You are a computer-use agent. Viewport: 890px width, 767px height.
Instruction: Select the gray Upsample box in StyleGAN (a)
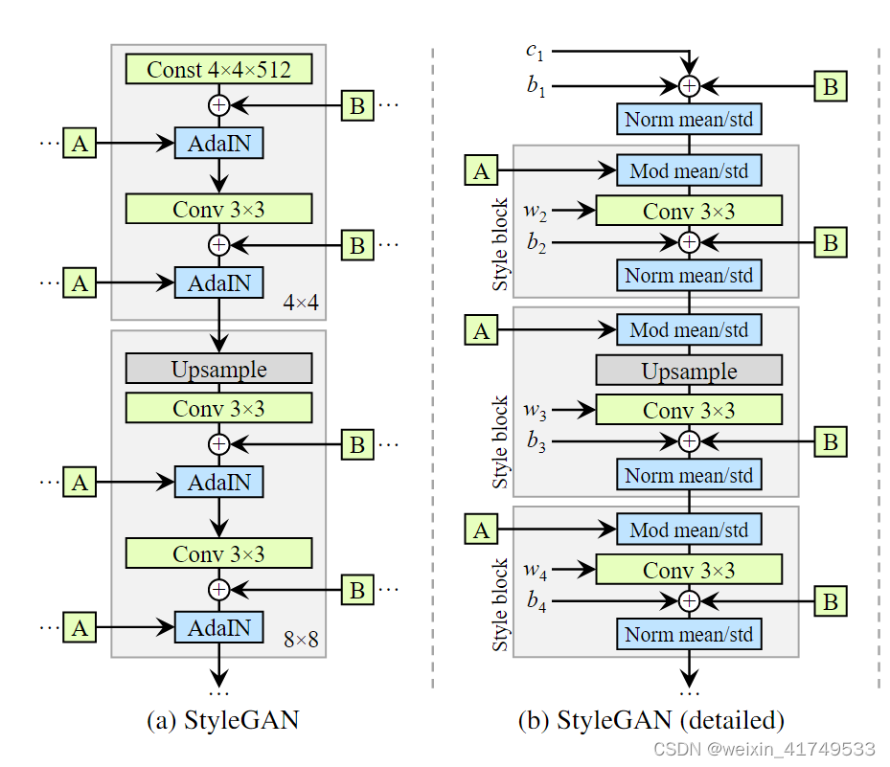[218, 369]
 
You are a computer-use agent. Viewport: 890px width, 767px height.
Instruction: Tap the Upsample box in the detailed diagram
[689, 371]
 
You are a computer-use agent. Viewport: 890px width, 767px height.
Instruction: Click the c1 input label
[535, 51]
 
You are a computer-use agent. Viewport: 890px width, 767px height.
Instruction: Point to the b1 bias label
[535, 86]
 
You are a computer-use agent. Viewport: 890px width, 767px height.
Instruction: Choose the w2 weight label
[536, 210]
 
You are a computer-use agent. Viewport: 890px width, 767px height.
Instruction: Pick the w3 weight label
[536, 410]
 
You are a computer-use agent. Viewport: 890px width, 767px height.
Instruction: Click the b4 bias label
[535, 602]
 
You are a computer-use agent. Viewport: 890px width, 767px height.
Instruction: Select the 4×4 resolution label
[301, 304]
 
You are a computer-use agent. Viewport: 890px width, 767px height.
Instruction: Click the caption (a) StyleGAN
[222, 720]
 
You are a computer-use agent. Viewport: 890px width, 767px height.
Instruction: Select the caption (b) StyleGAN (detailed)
[651, 720]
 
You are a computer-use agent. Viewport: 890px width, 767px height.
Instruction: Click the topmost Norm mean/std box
[689, 120]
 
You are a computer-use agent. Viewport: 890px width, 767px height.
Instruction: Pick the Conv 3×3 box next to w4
[689, 570]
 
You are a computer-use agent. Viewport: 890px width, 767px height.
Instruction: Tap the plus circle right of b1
[689, 86]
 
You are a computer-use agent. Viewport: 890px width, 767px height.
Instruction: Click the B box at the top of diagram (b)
[831, 86]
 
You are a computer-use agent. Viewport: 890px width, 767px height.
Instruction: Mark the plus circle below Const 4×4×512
[218, 103]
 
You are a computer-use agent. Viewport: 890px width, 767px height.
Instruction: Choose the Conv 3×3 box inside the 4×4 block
[218, 209]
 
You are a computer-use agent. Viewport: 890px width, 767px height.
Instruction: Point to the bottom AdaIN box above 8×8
[218, 627]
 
